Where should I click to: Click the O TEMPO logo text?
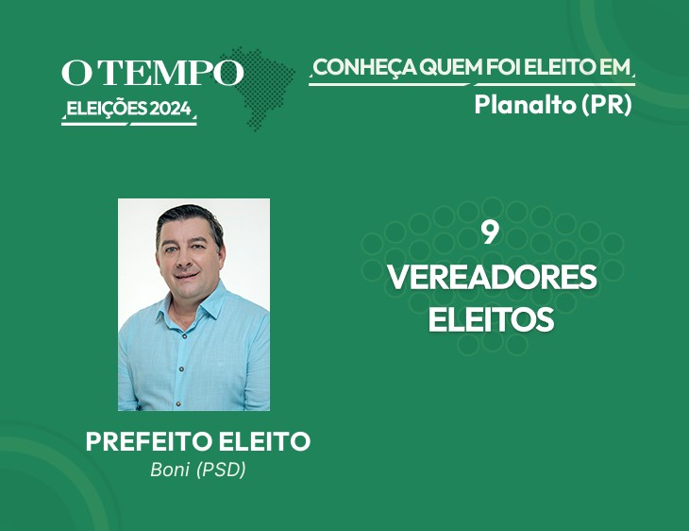point(153,72)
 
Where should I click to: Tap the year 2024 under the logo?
point(171,109)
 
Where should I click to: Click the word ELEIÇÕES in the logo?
point(107,109)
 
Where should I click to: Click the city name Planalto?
point(525,105)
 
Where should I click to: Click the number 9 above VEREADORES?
point(490,232)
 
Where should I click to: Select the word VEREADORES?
point(492,277)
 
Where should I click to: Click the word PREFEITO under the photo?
point(149,441)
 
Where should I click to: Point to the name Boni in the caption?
point(170,470)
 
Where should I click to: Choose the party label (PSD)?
point(221,470)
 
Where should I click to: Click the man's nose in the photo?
point(185,260)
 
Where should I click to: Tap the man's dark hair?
point(190,220)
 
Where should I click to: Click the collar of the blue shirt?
point(193,308)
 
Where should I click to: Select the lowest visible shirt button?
point(178,403)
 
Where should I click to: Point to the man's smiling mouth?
point(188,276)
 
